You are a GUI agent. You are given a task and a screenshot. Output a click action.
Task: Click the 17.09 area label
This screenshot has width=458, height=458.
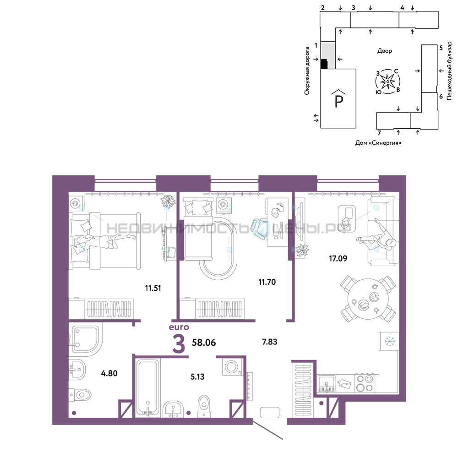pyautogui.click(x=338, y=258)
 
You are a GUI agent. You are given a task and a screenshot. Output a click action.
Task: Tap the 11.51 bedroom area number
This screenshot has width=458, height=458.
pyautogui.click(x=153, y=288)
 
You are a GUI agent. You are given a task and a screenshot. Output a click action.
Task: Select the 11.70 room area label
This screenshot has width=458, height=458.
pyautogui.click(x=267, y=282)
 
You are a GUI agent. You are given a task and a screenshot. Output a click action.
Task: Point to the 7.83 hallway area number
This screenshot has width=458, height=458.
pyautogui.click(x=270, y=342)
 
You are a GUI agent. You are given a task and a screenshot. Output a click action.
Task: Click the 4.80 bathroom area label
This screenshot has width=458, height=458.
pyautogui.click(x=109, y=373)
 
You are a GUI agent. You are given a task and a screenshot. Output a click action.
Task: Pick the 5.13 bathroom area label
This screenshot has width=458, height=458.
pyautogui.click(x=197, y=376)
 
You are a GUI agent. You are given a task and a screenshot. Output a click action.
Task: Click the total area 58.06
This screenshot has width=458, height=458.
pyautogui.click(x=204, y=342)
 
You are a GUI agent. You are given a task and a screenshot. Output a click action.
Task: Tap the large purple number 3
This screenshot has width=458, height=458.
pyautogui.click(x=179, y=344)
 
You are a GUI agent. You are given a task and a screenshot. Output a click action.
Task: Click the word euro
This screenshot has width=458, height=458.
pyautogui.click(x=179, y=327)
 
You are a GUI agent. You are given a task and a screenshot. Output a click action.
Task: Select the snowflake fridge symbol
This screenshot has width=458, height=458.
pyautogui.click(x=390, y=341)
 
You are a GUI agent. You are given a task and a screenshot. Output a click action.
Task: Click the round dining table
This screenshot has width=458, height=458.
pyautogui.click(x=368, y=299)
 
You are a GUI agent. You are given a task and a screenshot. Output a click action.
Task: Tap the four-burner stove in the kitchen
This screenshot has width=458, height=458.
pyautogui.click(x=365, y=383)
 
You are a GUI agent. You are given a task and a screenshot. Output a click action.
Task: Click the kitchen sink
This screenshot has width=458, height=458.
pyautogui.click(x=326, y=383)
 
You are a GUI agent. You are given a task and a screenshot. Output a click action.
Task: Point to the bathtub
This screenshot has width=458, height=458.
pyautogui.click(x=148, y=387)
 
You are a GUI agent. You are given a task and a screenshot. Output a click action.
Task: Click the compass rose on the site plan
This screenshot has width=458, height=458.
pyautogui.click(x=387, y=82)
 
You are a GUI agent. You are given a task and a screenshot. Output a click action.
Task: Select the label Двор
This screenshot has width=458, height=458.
pyautogui.click(x=384, y=51)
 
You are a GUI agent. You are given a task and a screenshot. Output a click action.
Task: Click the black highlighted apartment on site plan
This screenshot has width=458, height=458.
pyautogui.click(x=324, y=64)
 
